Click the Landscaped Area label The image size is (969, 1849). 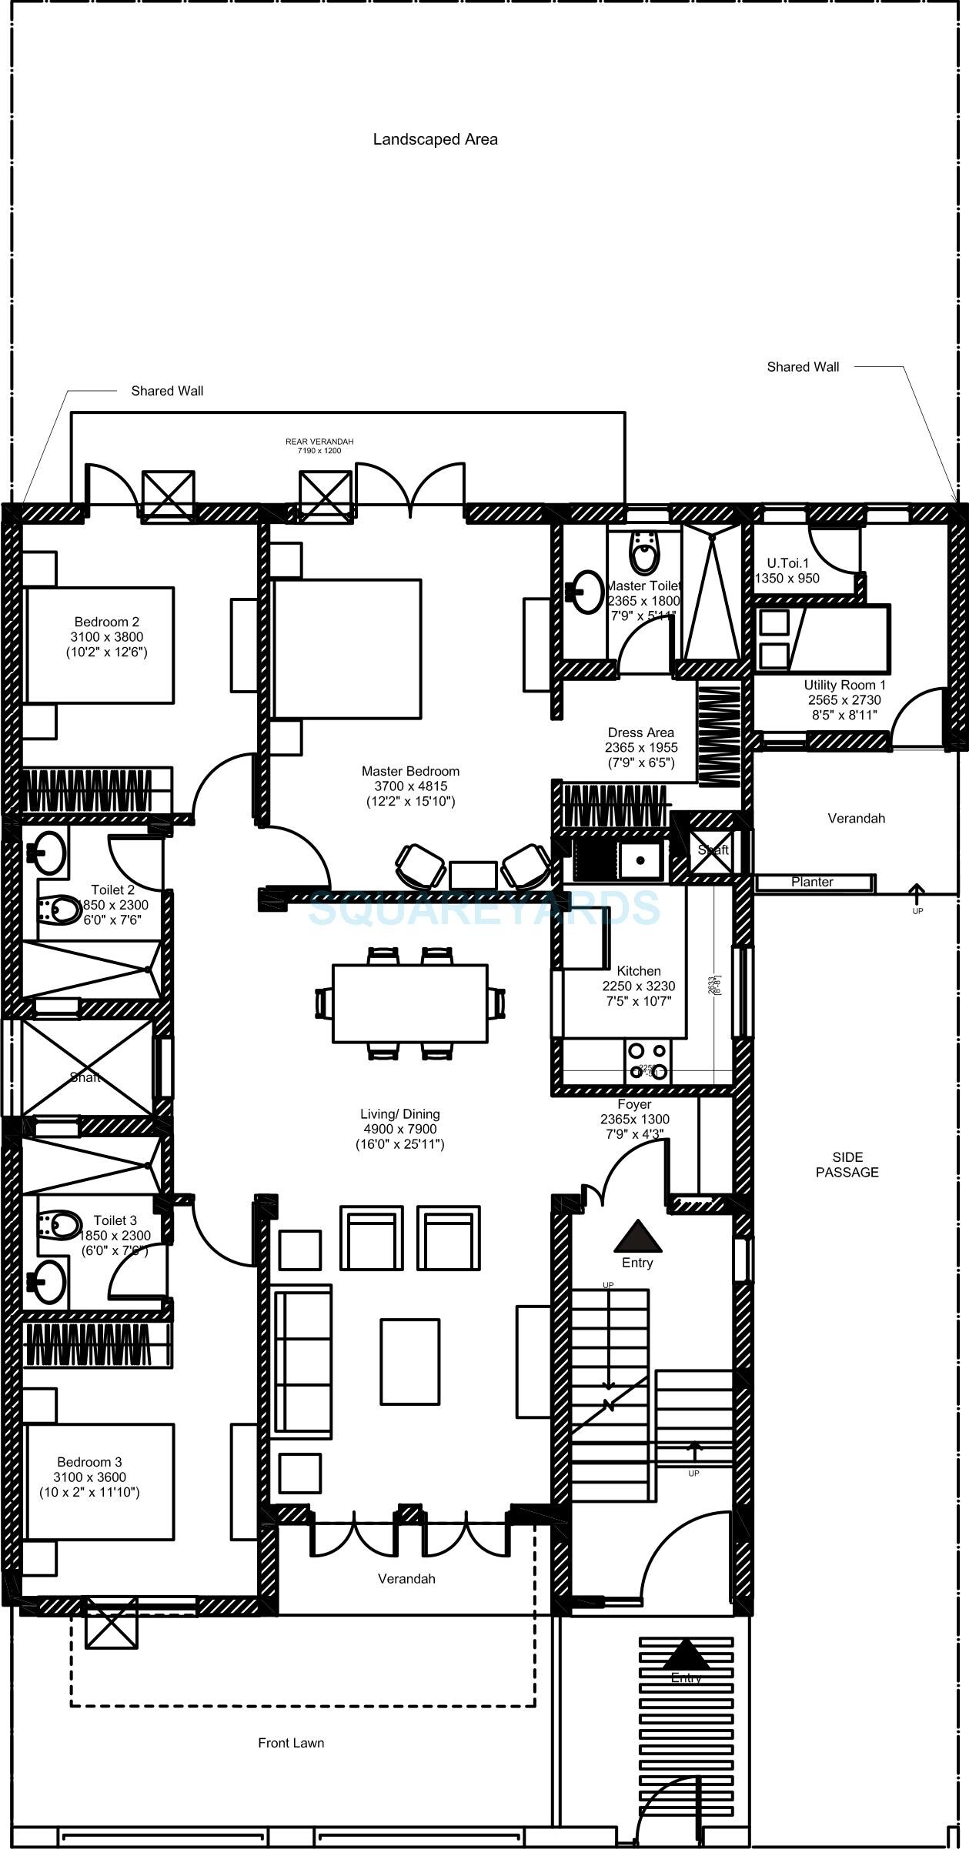pyautogui.click(x=435, y=139)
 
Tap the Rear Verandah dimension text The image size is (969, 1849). pyautogui.click(x=319, y=451)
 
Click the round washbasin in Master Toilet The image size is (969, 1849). pyautogui.click(x=588, y=591)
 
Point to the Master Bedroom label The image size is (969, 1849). pyautogui.click(x=410, y=771)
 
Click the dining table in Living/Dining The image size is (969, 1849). pyautogui.click(x=409, y=1003)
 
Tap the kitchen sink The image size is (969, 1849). pyautogui.click(x=640, y=860)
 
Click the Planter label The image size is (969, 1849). pyautogui.click(x=812, y=883)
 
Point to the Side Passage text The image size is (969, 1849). pyautogui.click(x=847, y=1164)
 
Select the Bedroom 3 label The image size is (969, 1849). pyautogui.click(x=89, y=1462)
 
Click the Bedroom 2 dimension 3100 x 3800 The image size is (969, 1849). pyautogui.click(x=106, y=637)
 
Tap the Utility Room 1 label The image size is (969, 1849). pyautogui.click(x=844, y=685)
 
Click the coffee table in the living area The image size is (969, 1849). pyautogui.click(x=409, y=1360)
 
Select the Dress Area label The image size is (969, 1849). pyautogui.click(x=640, y=733)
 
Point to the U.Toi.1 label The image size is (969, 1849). pyautogui.click(x=787, y=563)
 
